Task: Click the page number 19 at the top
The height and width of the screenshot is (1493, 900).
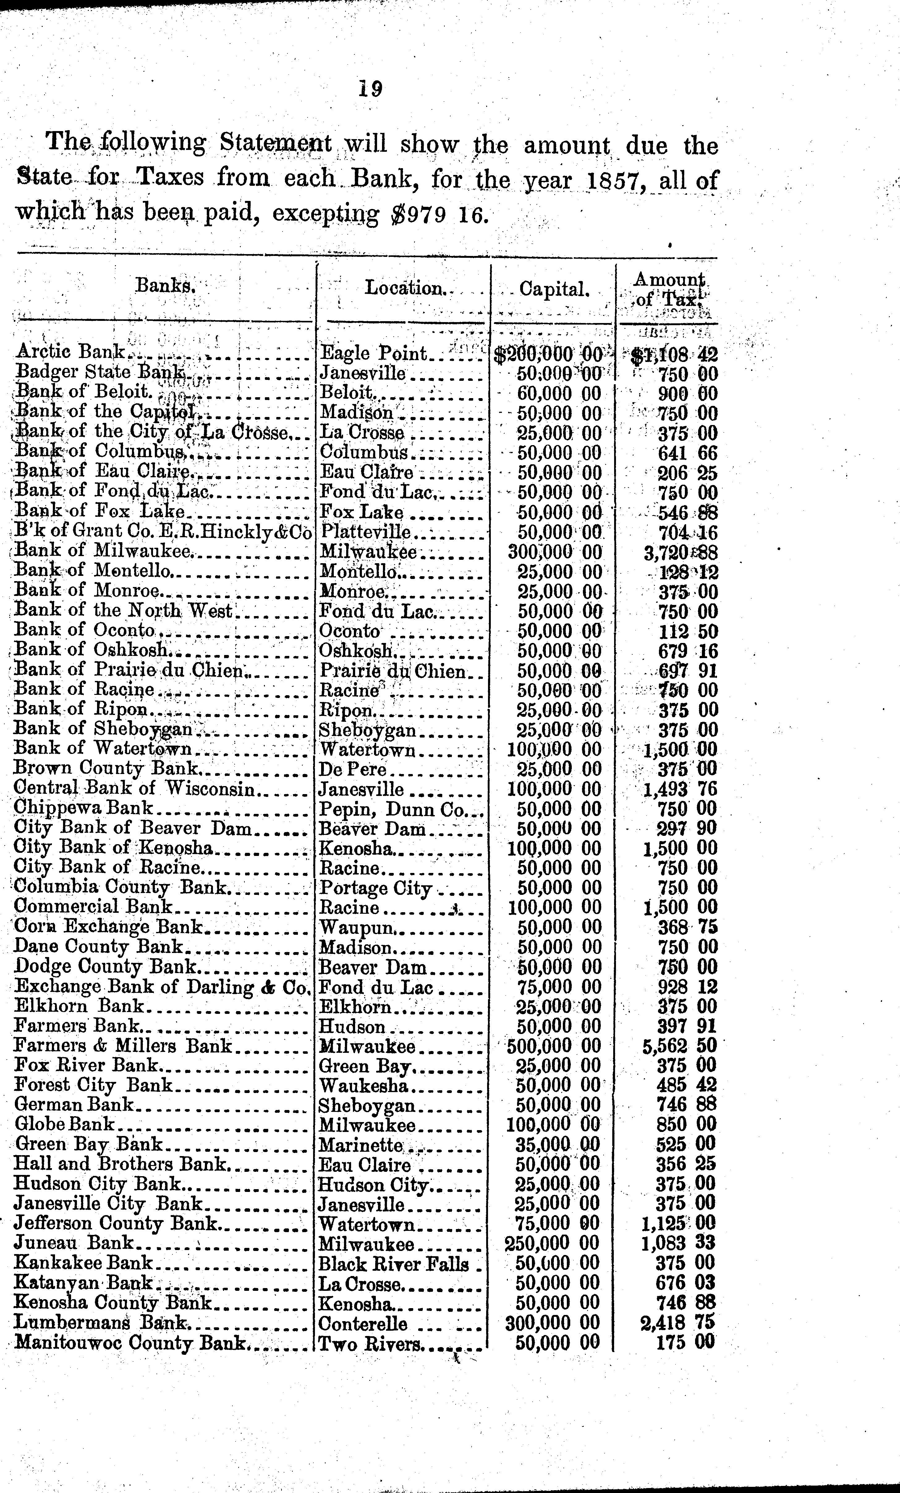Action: (x=370, y=89)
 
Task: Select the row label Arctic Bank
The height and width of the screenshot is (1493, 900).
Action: (x=70, y=351)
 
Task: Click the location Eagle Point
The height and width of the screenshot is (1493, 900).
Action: (x=373, y=353)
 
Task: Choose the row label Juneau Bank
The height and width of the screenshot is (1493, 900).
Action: (x=73, y=1243)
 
